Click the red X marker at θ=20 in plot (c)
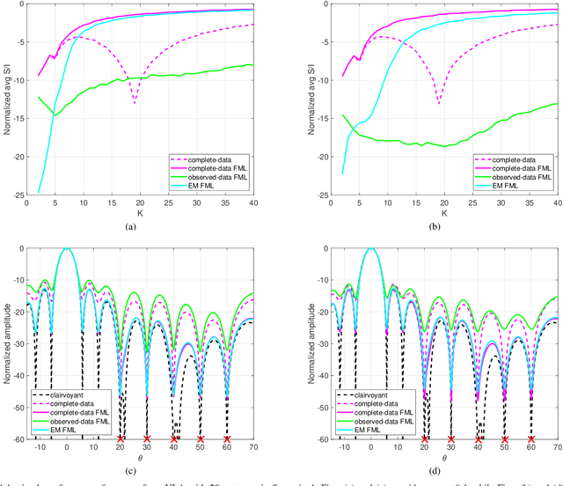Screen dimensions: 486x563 click(x=121, y=438)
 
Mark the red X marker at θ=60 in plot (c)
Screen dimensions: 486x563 click(x=227, y=438)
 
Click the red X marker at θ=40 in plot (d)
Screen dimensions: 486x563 click(x=478, y=438)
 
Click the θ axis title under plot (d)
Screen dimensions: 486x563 click(x=442, y=460)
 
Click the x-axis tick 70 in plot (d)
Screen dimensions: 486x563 click(x=558, y=447)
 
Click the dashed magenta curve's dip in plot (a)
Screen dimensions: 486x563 click(x=135, y=103)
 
